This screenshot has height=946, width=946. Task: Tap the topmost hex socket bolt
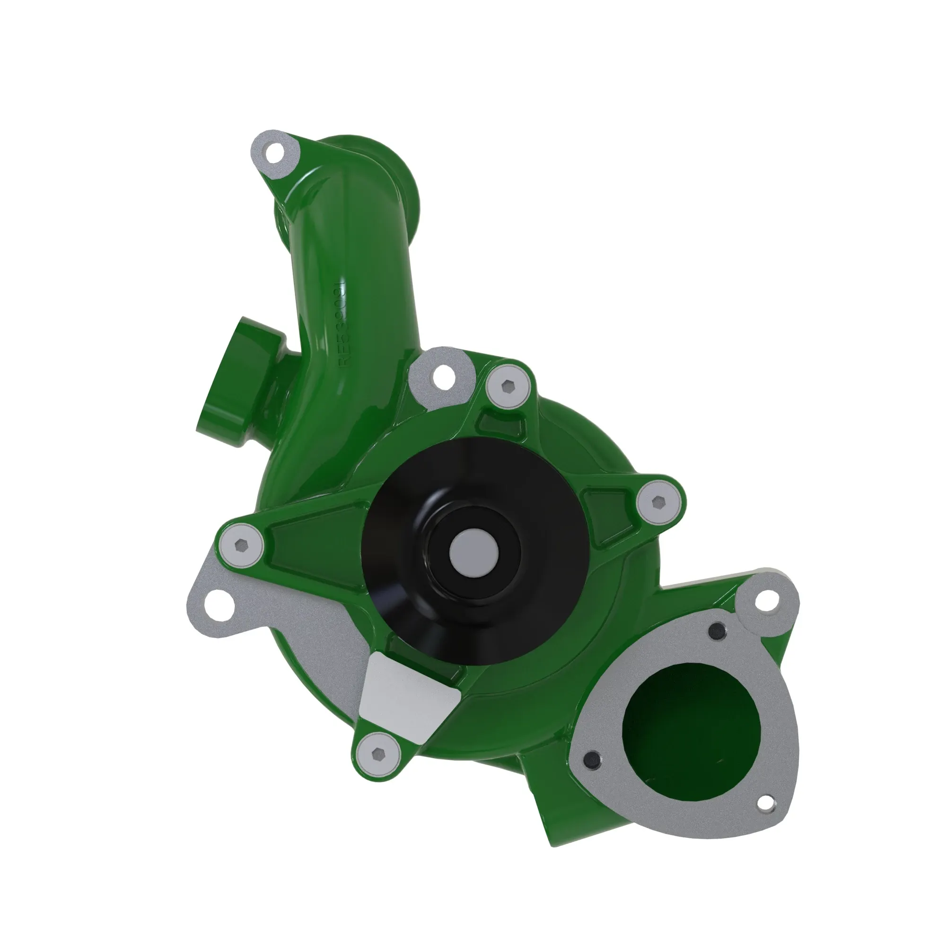click(508, 387)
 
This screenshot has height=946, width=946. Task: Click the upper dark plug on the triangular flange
click(718, 630)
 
